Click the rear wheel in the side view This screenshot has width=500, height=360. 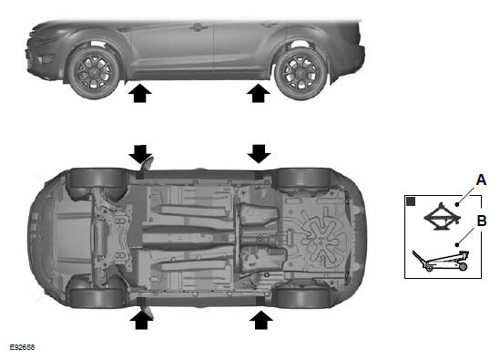301,73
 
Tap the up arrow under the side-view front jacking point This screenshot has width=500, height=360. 140,93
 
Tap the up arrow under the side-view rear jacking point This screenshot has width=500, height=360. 259,93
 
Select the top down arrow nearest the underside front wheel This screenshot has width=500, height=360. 140,154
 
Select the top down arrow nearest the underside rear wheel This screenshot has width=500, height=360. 259,154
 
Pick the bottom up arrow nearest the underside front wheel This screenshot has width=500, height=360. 141,320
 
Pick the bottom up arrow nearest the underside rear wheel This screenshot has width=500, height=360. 261,320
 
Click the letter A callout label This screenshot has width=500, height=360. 481,180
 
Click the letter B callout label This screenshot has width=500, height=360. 482,221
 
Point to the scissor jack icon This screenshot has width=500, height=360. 443,217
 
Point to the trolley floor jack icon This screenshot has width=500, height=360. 441,261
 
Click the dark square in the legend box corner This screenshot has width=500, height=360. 411,201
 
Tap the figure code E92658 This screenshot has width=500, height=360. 22,347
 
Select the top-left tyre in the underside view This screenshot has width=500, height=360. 97,178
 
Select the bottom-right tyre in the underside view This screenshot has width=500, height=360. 303,297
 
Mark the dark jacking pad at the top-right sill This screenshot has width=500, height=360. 260,175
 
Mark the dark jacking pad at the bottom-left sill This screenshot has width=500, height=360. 140,302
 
